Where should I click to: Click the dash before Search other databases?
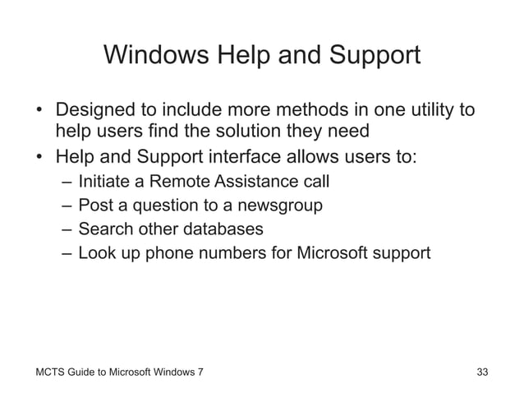[x=66, y=229]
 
